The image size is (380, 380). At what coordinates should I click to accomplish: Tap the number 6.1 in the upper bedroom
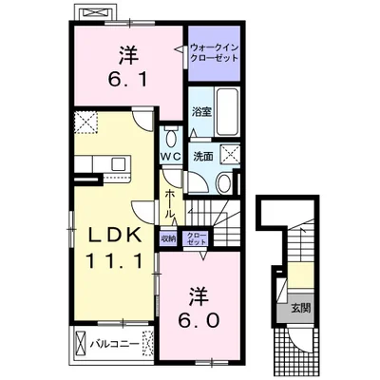[127, 80]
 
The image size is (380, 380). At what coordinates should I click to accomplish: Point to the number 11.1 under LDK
[113, 261]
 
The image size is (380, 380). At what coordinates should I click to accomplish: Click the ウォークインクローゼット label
[214, 53]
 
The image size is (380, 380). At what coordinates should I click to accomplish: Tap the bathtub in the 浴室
[226, 111]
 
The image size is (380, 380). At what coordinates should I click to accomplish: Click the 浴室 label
[202, 112]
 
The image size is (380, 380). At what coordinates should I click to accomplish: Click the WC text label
[171, 156]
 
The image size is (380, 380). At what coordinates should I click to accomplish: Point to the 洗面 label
[203, 157]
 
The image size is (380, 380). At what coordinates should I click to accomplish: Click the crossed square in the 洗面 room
[231, 154]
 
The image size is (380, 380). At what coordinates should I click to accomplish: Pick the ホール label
[170, 203]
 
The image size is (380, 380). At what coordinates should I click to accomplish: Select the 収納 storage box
[168, 237]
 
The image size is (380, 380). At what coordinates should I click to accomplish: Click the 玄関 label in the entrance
[301, 308]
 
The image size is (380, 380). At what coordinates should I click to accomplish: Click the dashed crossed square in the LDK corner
[86, 123]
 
